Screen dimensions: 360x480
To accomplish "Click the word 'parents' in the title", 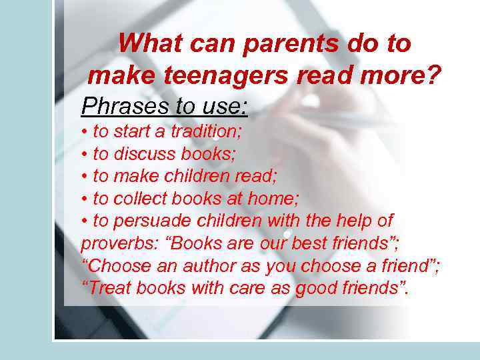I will point(283,44).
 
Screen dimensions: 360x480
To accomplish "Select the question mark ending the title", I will point(434,75).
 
